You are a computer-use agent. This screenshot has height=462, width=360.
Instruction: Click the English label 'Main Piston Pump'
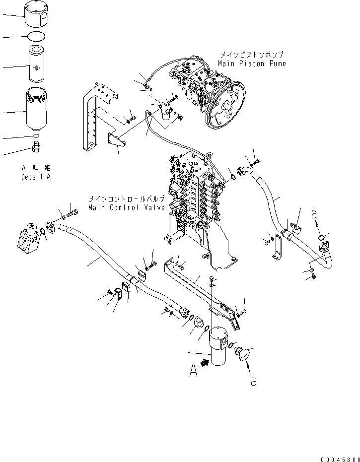(252, 64)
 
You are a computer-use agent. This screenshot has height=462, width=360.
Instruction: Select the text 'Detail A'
(36, 177)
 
